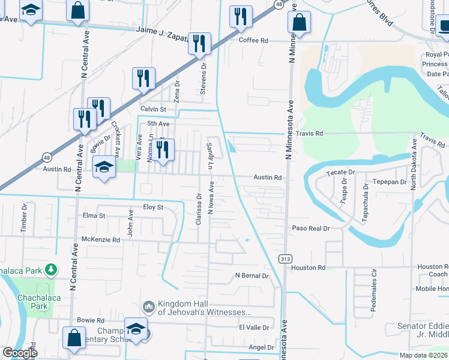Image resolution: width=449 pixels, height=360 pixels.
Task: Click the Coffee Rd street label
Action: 253,40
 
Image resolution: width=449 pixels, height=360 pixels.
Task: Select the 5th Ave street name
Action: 158,124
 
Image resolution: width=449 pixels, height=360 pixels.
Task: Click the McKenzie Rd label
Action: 101,239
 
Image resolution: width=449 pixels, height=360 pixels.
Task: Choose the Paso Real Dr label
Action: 311,229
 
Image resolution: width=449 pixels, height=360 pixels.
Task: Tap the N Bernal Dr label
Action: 252,276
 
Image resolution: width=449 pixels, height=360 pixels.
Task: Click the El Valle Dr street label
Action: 254,327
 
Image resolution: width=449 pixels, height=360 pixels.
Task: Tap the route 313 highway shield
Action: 285,258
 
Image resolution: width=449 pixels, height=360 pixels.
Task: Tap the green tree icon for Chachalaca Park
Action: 52,270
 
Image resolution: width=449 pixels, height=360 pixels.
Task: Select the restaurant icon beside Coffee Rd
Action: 241,18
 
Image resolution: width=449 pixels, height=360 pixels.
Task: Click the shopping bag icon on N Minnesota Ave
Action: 298,23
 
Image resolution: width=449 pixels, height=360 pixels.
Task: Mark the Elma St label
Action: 94,215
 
